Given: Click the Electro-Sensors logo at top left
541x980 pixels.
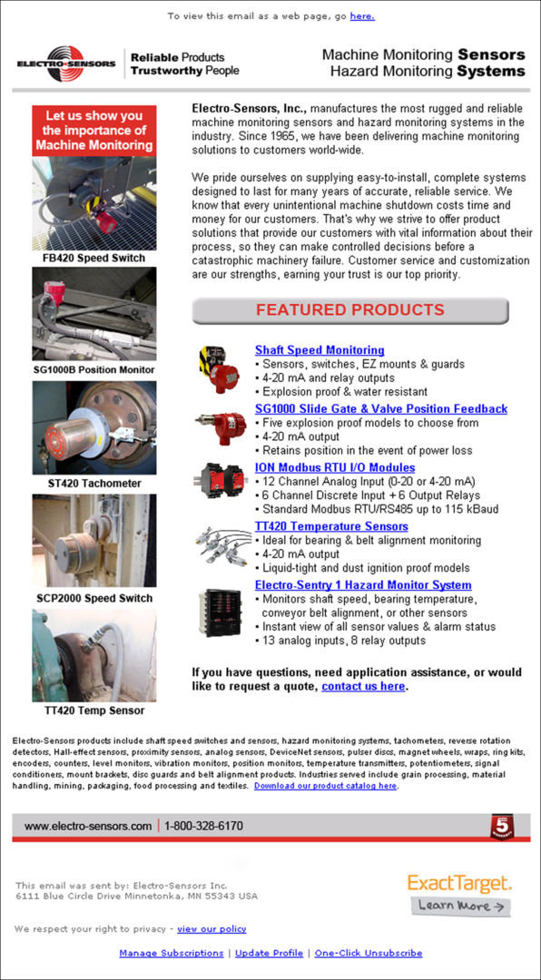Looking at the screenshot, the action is (x=66, y=64).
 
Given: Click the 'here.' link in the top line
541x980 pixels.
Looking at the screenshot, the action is (x=361, y=16).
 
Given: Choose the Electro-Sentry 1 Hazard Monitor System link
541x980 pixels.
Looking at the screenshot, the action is (x=363, y=585).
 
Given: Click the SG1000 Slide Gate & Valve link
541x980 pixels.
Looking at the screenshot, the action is (x=381, y=409).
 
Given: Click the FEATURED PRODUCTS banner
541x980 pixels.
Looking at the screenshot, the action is (x=349, y=310).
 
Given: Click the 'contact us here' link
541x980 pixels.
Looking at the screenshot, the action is (x=363, y=687).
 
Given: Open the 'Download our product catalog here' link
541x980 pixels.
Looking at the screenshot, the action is (x=325, y=786).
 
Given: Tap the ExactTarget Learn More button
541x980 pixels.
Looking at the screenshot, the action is (x=460, y=906).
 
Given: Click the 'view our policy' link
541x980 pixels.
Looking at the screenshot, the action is (x=211, y=929).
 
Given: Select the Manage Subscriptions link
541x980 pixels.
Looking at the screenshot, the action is (x=171, y=953).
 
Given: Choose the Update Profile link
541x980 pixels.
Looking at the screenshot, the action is (x=269, y=953).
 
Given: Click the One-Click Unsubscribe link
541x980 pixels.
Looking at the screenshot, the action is (x=368, y=953).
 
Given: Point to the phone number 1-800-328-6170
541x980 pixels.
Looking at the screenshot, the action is (x=203, y=827).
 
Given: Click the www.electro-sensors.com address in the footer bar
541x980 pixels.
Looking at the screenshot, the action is (x=88, y=827).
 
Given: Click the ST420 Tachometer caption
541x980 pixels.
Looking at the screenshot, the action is (x=94, y=484).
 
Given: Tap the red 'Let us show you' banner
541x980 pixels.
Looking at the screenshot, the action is (x=94, y=131).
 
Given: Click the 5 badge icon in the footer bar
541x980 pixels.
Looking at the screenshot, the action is (x=503, y=827).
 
